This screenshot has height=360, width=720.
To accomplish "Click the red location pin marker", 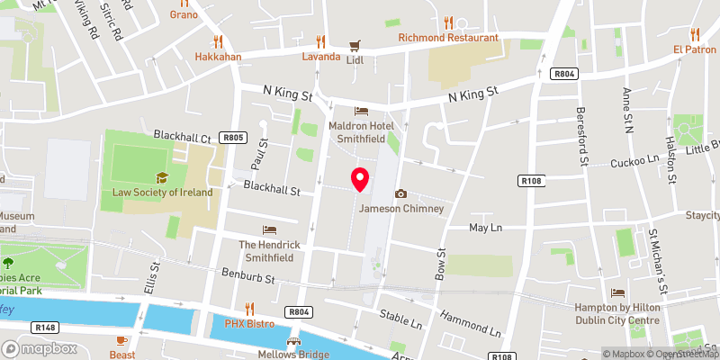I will (360, 179).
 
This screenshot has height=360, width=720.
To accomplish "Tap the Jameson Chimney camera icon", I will (400, 194).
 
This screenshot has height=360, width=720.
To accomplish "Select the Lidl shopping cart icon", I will (355, 44).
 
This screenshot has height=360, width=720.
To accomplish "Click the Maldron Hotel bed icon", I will (361, 112).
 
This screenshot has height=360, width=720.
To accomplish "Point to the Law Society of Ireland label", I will (162, 192).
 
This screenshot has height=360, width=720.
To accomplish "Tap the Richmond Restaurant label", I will (448, 38).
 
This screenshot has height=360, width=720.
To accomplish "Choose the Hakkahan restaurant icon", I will (217, 41).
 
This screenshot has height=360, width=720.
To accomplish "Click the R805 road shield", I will (233, 138).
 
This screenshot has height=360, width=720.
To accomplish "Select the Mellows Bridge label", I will (292, 354).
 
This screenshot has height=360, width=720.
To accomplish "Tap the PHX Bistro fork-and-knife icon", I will (250, 308).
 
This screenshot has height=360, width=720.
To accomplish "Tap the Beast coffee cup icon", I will (123, 339).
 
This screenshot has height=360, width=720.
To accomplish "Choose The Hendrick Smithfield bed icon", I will (267, 229).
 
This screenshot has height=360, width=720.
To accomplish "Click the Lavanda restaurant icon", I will (320, 41).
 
